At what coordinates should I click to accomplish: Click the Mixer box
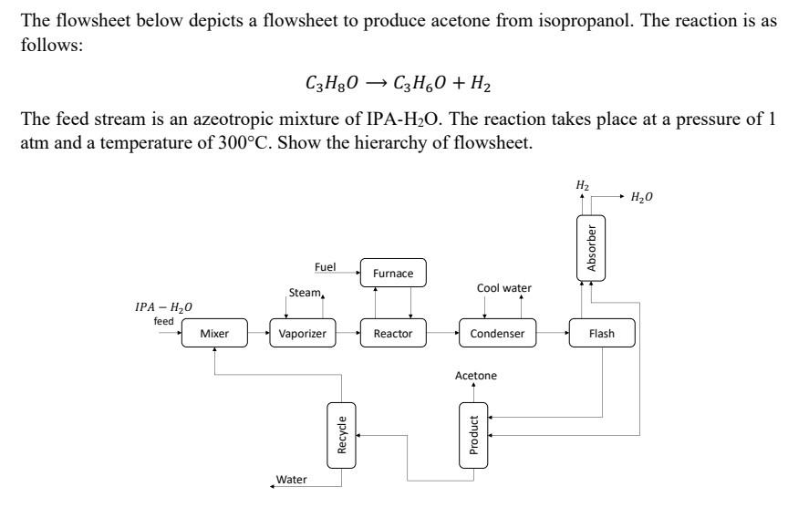pyautogui.click(x=213, y=334)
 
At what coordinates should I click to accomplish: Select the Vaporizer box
pyautogui.click(x=302, y=334)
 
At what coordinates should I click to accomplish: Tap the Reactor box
pyautogui.click(x=393, y=334)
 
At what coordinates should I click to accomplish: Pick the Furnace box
pyautogui.click(x=393, y=273)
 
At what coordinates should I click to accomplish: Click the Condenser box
pyautogui.click(x=497, y=334)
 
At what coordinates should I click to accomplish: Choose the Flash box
pyautogui.click(x=601, y=334)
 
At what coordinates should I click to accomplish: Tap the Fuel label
pyautogui.click(x=325, y=267)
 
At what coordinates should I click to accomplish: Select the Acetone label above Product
pyautogui.click(x=476, y=376)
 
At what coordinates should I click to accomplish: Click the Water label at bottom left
pyautogui.click(x=292, y=480)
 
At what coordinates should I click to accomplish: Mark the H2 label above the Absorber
pyautogui.click(x=581, y=185)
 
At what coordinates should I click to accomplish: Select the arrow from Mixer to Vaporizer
pyautogui.click(x=256, y=334)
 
